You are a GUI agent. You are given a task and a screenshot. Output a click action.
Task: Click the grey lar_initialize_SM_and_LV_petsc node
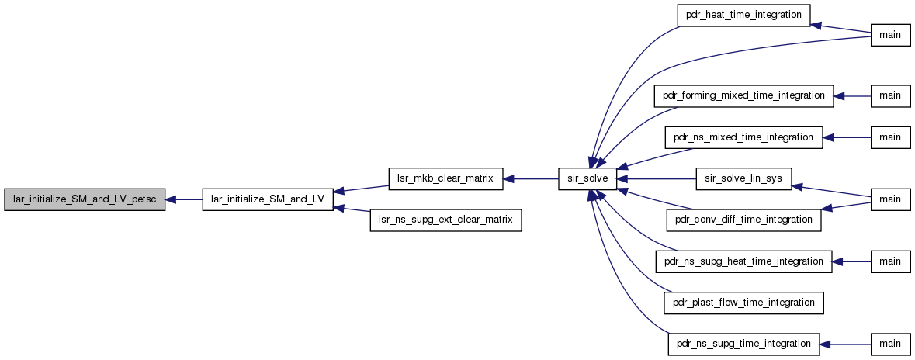(x=85, y=199)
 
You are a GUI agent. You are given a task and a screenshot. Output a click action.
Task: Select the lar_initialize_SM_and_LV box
(x=268, y=199)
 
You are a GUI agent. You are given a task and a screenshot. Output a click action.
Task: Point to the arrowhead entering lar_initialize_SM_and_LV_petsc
(x=171, y=199)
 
